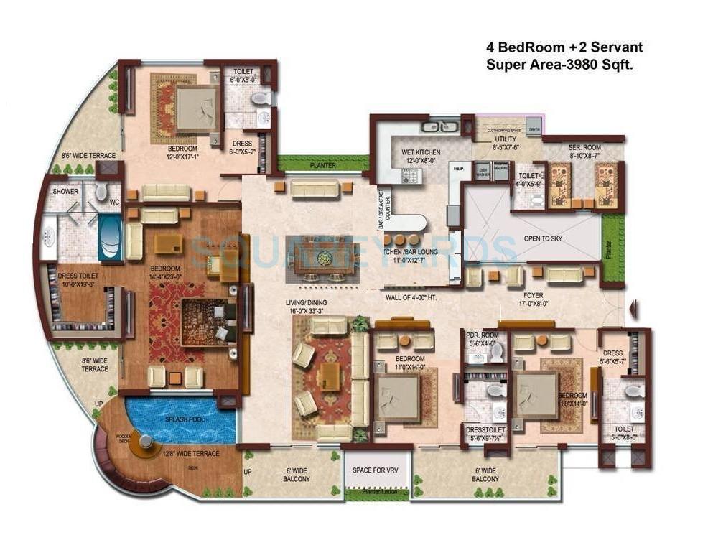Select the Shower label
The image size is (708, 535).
click(x=65, y=192)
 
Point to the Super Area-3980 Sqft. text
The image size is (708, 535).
click(x=559, y=64)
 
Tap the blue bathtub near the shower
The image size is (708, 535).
click(x=109, y=237)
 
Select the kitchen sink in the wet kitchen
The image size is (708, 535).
click(x=435, y=127)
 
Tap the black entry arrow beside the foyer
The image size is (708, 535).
click(x=631, y=310)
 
